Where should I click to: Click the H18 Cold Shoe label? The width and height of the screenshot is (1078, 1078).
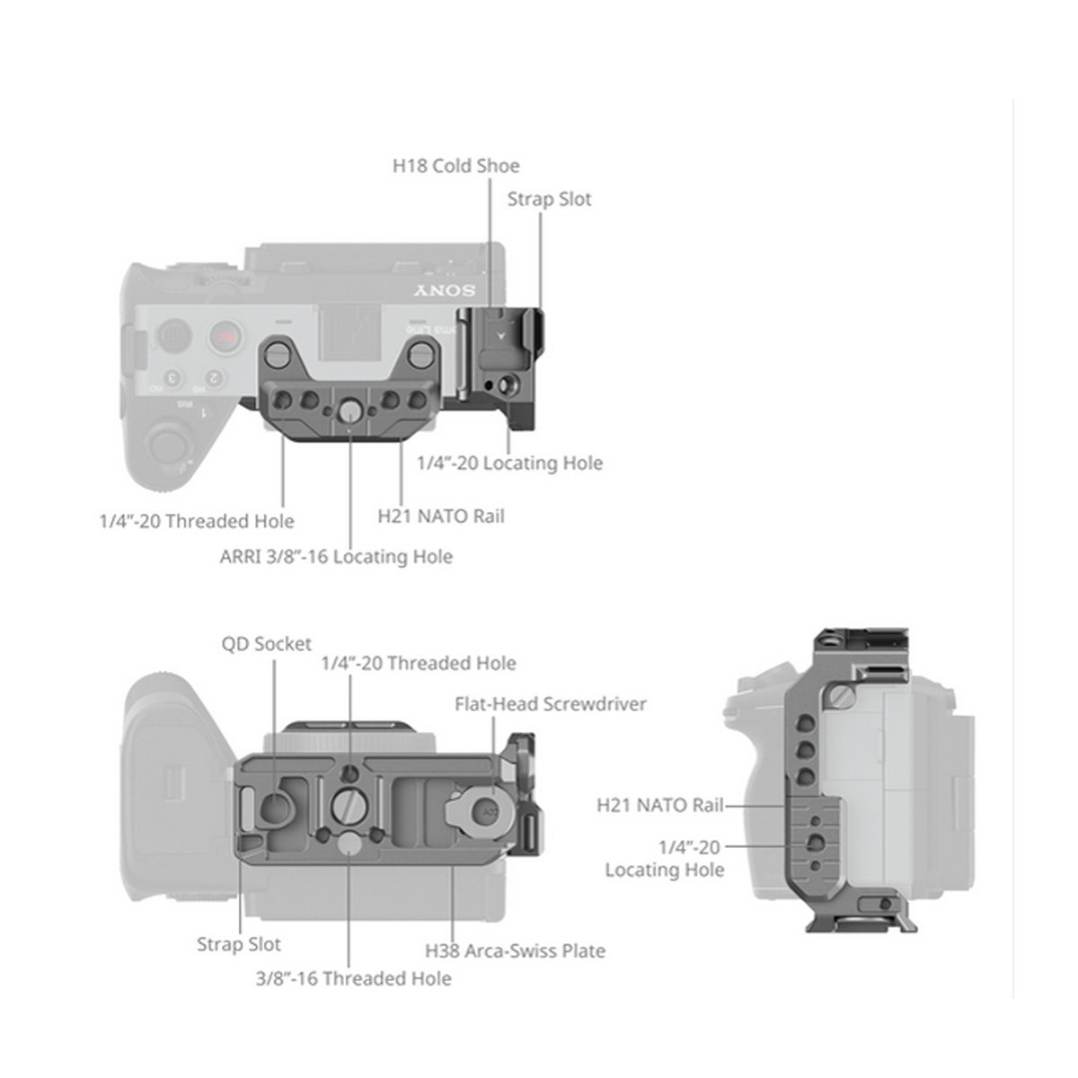(x=455, y=166)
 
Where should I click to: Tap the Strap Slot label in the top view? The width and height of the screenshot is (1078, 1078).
(x=549, y=199)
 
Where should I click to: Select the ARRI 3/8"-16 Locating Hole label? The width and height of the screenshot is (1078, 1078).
(x=336, y=557)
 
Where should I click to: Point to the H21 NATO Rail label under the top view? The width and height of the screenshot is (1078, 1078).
(x=440, y=516)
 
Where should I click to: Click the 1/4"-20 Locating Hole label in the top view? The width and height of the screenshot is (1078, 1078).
(x=509, y=464)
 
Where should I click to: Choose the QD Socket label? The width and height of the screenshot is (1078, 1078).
(x=266, y=644)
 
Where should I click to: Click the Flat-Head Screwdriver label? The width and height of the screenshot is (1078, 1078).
(x=550, y=704)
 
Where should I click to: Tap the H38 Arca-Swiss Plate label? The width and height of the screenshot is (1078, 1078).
(x=515, y=950)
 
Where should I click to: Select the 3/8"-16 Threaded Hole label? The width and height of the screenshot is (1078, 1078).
(x=353, y=977)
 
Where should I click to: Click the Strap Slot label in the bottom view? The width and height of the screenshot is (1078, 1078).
(x=238, y=944)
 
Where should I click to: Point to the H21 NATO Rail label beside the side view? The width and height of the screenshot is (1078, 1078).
(x=659, y=805)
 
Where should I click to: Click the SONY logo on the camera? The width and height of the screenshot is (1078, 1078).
(x=445, y=292)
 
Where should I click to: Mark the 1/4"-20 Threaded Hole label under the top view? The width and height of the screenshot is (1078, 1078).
(x=196, y=521)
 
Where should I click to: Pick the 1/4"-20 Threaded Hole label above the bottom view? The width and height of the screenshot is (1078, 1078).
(x=419, y=664)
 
